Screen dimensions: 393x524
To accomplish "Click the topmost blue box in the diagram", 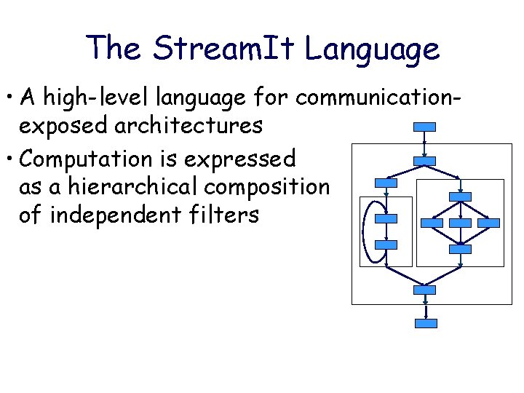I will tap(424, 127).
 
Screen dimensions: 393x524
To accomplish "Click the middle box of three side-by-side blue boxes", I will tap(460, 222).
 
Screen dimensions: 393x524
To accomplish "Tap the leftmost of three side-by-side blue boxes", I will tap(434, 222).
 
